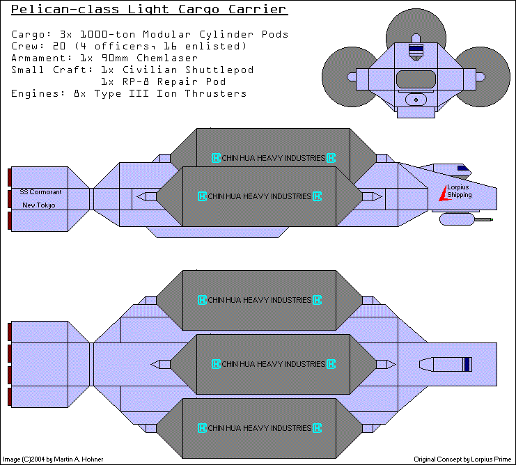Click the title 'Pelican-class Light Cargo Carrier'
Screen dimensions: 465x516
(x=149, y=10)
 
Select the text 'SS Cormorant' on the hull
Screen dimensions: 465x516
(x=40, y=192)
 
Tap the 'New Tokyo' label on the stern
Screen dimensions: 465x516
(x=39, y=205)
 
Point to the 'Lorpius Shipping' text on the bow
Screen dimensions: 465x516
(x=460, y=191)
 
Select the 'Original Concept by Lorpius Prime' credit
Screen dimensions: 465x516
(x=461, y=459)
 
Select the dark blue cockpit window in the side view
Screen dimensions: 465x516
(x=462, y=168)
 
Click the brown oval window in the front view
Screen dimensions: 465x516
(x=416, y=79)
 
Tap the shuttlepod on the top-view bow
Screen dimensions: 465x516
(x=446, y=364)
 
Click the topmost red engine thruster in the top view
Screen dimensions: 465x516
(x=10, y=331)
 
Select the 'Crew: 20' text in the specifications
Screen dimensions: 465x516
(x=38, y=46)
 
